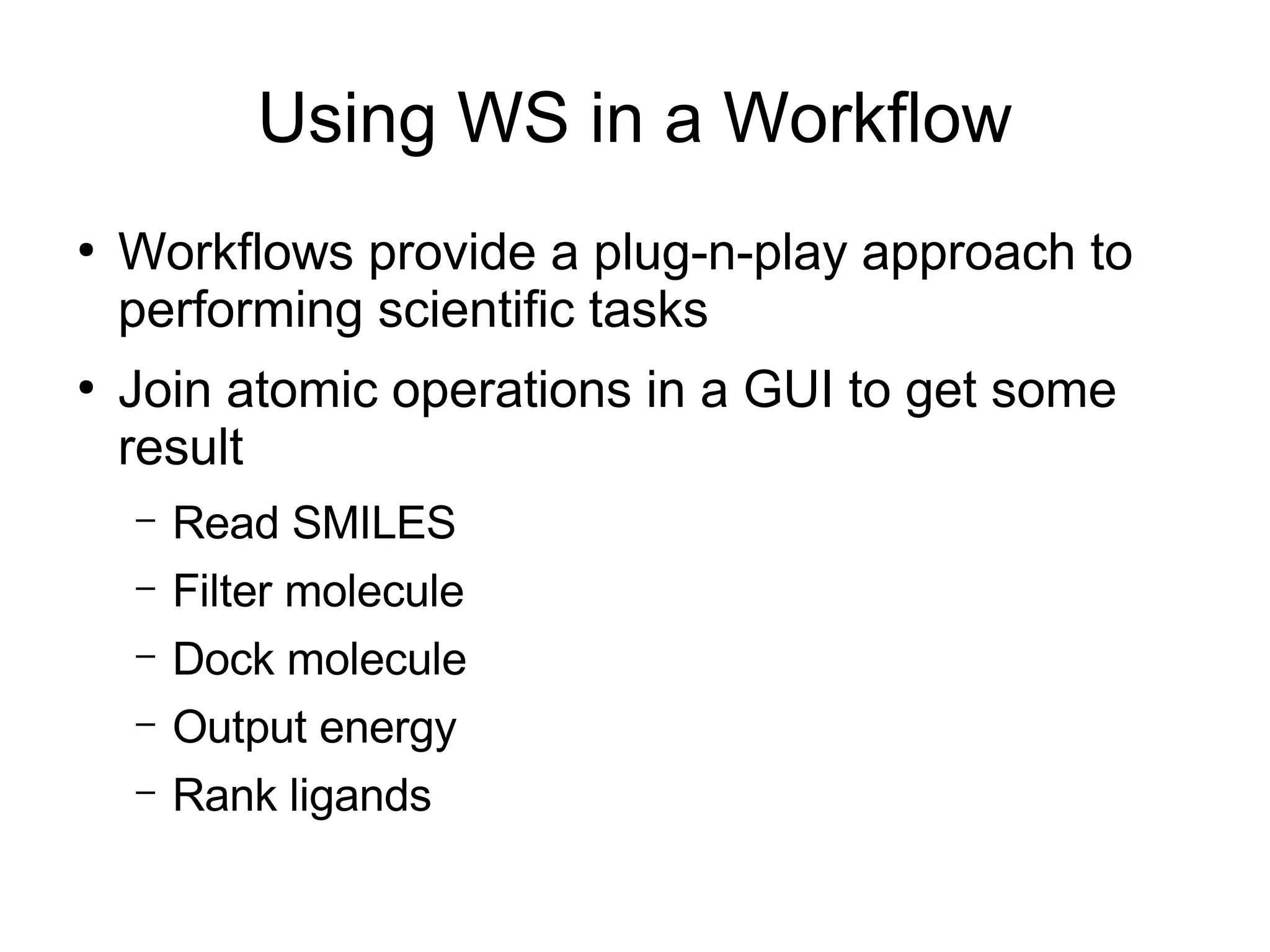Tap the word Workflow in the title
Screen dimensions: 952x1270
pyautogui.click(x=868, y=118)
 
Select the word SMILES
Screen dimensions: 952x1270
pyautogui.click(x=373, y=523)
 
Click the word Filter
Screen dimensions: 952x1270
pyautogui.click(x=222, y=590)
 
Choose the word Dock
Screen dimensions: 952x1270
pyautogui.click(x=223, y=659)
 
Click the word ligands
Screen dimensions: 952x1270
pyautogui.click(x=360, y=796)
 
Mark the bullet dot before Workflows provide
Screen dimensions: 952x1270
pyautogui.click(x=86, y=251)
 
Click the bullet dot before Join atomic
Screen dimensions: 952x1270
pyautogui.click(x=86, y=388)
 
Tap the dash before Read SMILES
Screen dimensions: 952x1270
pyautogui.click(x=144, y=520)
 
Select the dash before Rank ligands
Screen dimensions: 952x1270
pyautogui.click(x=144, y=792)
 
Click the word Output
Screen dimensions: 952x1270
pyautogui.click(x=239, y=727)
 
